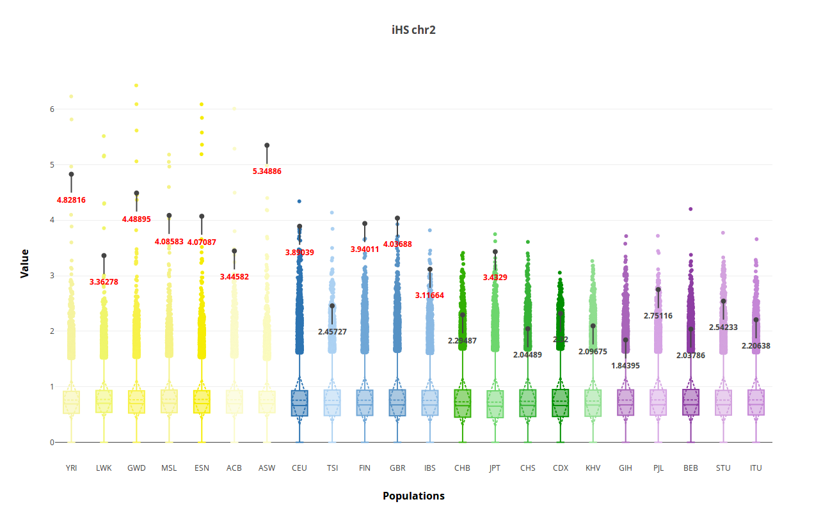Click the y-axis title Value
(x=25, y=263)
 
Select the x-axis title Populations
(x=413, y=496)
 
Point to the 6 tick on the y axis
(x=52, y=109)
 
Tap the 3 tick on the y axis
(x=52, y=276)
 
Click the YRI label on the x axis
(x=71, y=468)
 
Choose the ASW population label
(x=267, y=468)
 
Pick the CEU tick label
(x=299, y=468)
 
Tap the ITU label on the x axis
(x=756, y=468)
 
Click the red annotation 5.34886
(x=267, y=171)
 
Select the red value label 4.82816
(x=71, y=200)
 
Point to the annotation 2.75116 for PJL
(x=658, y=316)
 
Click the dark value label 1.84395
(x=625, y=366)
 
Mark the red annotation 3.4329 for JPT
(x=495, y=278)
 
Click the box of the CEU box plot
(x=299, y=403)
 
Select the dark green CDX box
(x=561, y=403)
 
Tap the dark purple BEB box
(x=690, y=402)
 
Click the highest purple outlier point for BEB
(x=690, y=209)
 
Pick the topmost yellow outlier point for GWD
(x=136, y=86)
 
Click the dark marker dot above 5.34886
(x=267, y=145)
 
